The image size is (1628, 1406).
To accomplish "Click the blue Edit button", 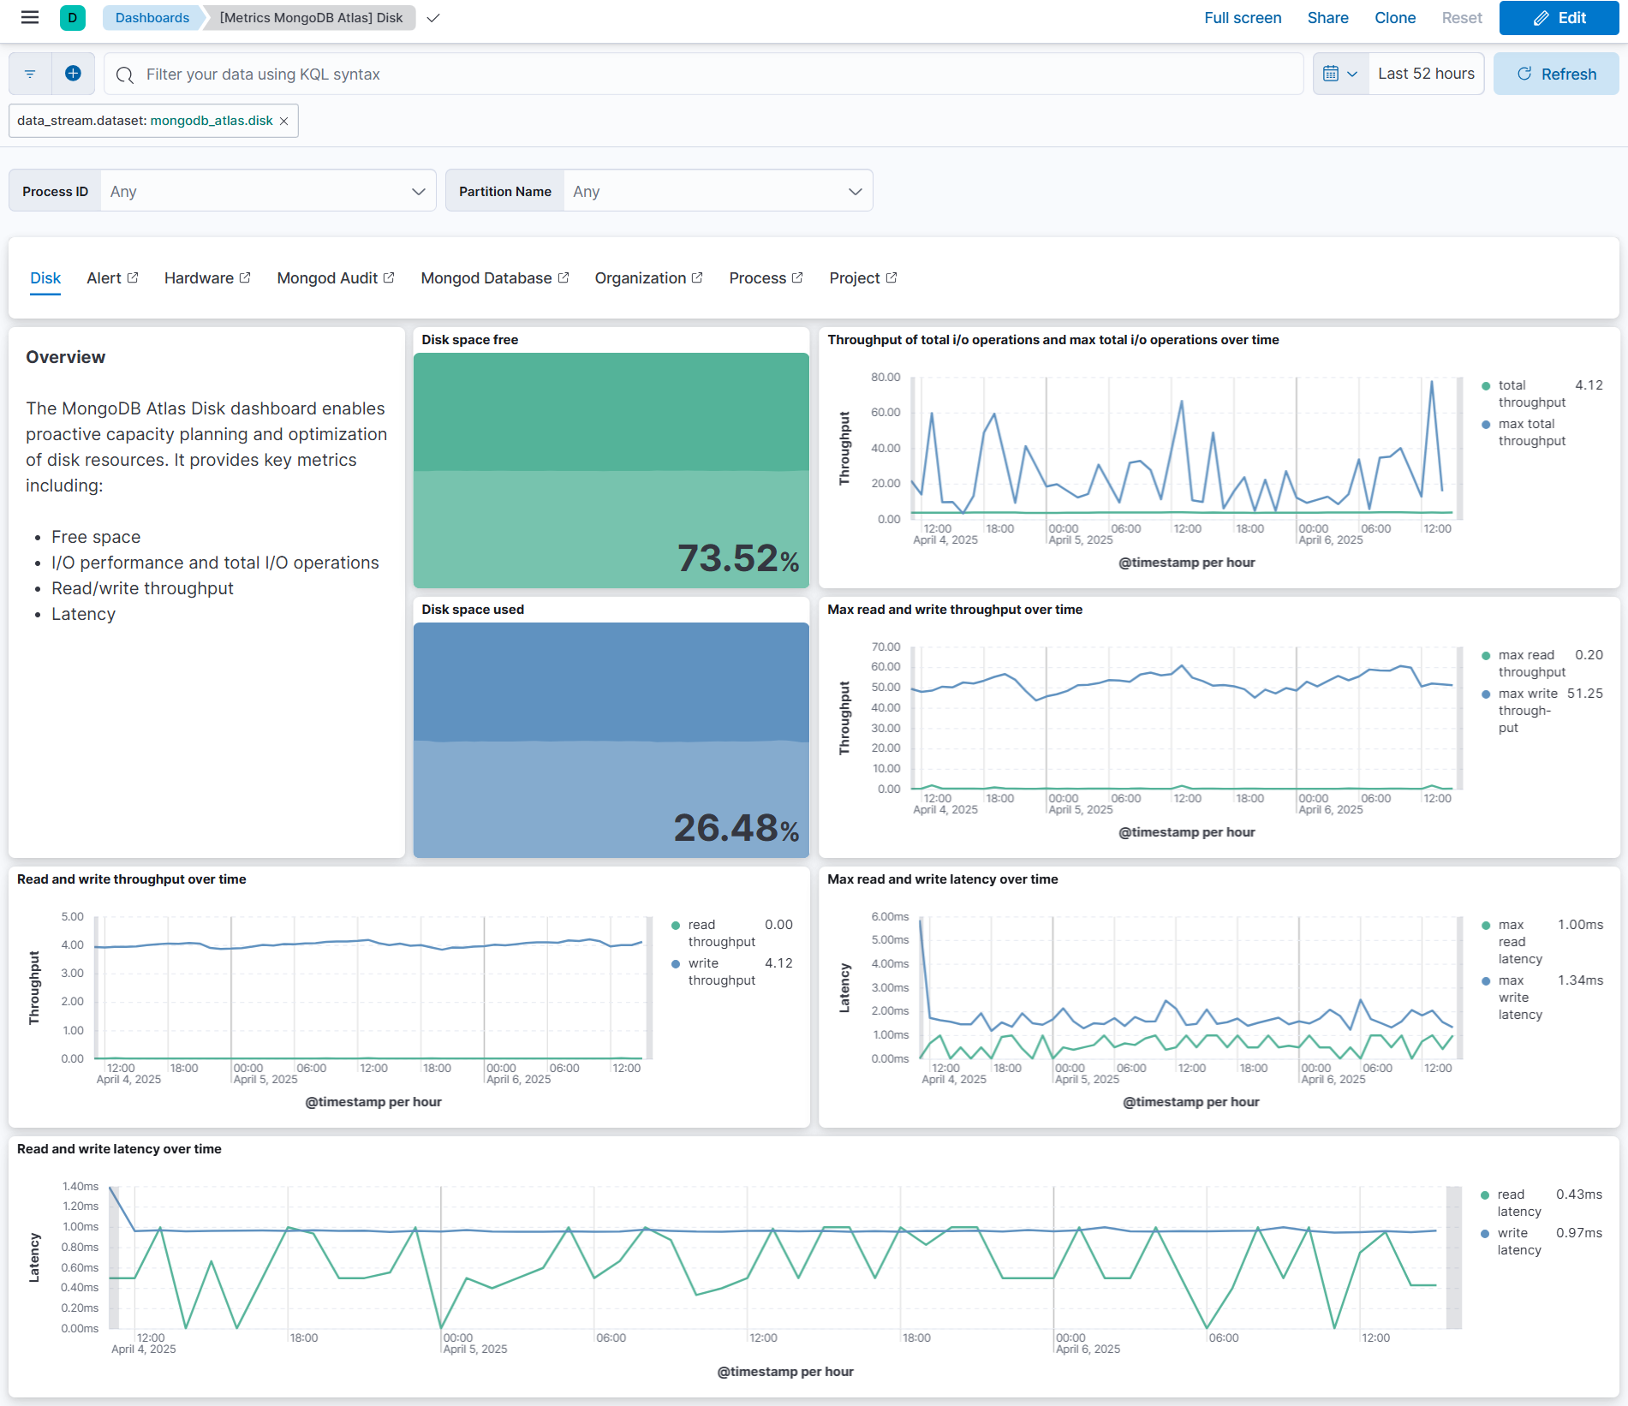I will pyautogui.click(x=1559, y=18).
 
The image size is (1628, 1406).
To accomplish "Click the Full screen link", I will pyautogui.click(x=1242, y=18).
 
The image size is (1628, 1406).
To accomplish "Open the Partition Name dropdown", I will pyautogui.click(x=717, y=191).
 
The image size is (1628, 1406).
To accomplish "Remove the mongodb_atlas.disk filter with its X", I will pyautogui.click(x=284, y=122).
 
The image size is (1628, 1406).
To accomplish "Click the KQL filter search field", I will pyautogui.click(x=702, y=74).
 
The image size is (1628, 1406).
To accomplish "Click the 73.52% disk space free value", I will pyautogui.click(x=737, y=558).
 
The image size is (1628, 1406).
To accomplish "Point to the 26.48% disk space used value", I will pyautogui.click(x=736, y=828).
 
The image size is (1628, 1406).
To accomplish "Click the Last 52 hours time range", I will pyautogui.click(x=1425, y=74).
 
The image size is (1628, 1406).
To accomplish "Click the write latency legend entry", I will pyautogui.click(x=1518, y=1241).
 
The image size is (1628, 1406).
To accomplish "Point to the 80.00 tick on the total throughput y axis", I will pyautogui.click(x=886, y=377).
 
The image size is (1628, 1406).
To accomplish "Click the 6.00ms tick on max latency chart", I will pyautogui.click(x=890, y=916).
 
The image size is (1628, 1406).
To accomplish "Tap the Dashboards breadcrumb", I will pyautogui.click(x=152, y=18).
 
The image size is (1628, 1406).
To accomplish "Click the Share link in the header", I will pyautogui.click(x=1327, y=18).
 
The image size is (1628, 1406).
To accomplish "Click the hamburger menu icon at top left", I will pyautogui.click(x=30, y=18).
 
